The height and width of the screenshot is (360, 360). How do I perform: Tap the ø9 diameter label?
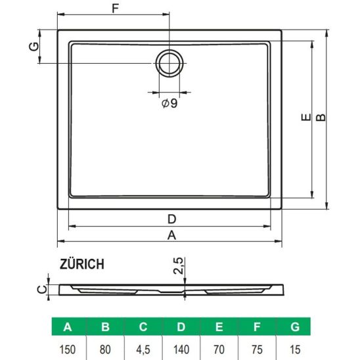click(x=169, y=103)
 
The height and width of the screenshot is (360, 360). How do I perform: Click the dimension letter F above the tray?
click(x=115, y=9)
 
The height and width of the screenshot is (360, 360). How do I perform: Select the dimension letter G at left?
click(x=34, y=47)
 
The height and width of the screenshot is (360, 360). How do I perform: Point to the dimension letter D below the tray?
click(x=171, y=219)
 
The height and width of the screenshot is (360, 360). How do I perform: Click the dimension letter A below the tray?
click(x=171, y=235)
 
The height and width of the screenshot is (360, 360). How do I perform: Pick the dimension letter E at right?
click(x=306, y=118)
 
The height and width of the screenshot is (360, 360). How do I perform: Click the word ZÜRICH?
click(x=82, y=264)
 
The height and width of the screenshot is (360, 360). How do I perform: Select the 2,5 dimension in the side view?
click(x=179, y=266)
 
